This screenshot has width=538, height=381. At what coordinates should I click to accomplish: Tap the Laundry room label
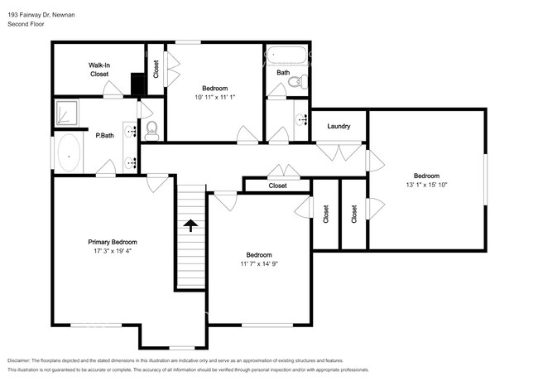(x=339, y=127)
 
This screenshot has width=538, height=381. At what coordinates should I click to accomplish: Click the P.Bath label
(x=104, y=136)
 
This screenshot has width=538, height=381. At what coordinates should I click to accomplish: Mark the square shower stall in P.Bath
(x=66, y=112)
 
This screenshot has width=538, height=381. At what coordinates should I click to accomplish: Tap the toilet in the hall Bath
(x=302, y=80)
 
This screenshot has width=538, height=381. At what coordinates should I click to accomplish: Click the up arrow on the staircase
(x=190, y=224)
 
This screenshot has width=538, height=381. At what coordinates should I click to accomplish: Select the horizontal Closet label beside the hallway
(x=277, y=186)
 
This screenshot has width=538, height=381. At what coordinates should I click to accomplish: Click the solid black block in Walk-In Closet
(x=137, y=84)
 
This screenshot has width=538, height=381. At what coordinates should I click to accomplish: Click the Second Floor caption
(x=26, y=25)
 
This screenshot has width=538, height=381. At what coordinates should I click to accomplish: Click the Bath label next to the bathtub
(x=283, y=73)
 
